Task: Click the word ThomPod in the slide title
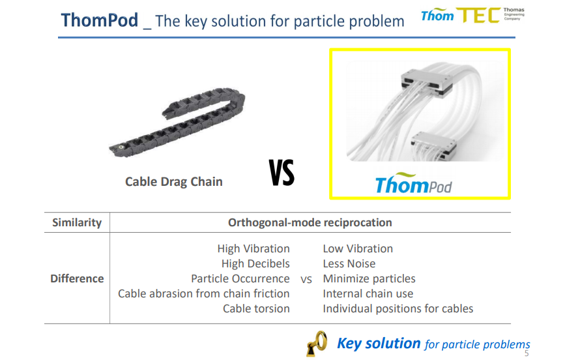pyautogui.click(x=100, y=20)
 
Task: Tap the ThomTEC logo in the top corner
pyautogui.click(x=472, y=15)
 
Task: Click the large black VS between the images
pyautogui.click(x=282, y=172)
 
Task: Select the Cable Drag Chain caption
pyautogui.click(x=173, y=181)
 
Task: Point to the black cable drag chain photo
pyautogui.click(x=177, y=122)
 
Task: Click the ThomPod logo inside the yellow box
pyautogui.click(x=413, y=183)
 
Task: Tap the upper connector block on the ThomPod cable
pyautogui.click(x=427, y=83)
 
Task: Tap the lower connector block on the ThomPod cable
pyautogui.click(x=434, y=145)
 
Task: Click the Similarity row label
pyautogui.click(x=77, y=222)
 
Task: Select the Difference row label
pyautogui.click(x=77, y=278)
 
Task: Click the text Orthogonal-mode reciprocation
pyautogui.click(x=310, y=222)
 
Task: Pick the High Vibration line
pyautogui.click(x=253, y=248)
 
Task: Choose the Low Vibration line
pyautogui.click(x=358, y=248)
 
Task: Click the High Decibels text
pyautogui.click(x=255, y=263)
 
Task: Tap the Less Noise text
pyautogui.click(x=349, y=263)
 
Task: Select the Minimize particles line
pyautogui.click(x=369, y=278)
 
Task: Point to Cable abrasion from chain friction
pyautogui.click(x=203, y=293)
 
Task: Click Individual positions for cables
pyautogui.click(x=398, y=308)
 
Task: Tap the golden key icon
pyautogui.click(x=317, y=344)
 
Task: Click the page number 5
pyautogui.click(x=527, y=353)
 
